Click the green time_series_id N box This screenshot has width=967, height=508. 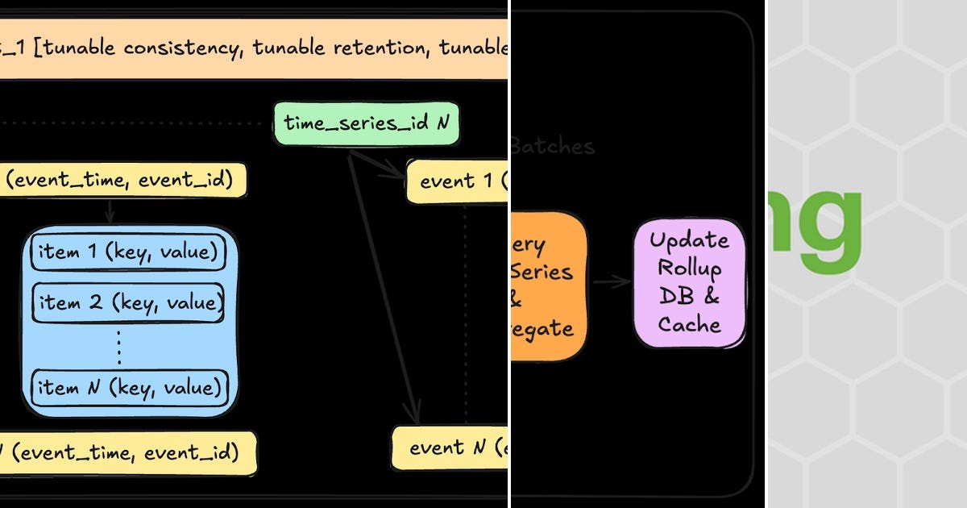[367, 123]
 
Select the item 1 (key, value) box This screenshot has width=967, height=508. [129, 253]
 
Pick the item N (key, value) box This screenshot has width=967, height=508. [130, 388]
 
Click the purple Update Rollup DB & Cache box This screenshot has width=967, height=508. [689, 282]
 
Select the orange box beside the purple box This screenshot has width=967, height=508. [548, 286]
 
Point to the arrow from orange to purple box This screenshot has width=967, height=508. [612, 282]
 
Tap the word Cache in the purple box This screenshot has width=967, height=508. [689, 324]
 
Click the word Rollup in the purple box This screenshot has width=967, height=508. [689, 268]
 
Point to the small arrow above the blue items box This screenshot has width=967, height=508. [110, 213]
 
